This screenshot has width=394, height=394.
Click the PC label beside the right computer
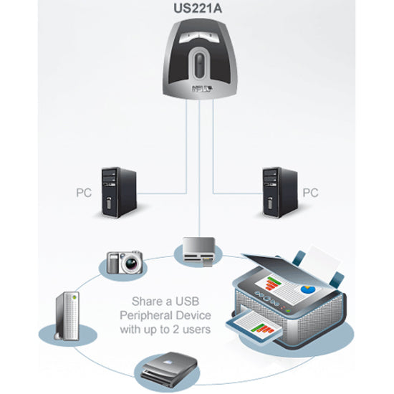tap(309, 193)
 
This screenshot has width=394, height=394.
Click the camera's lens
tap(130, 264)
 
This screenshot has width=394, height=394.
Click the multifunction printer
tap(294, 301)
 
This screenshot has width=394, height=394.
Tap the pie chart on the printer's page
tap(309, 288)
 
